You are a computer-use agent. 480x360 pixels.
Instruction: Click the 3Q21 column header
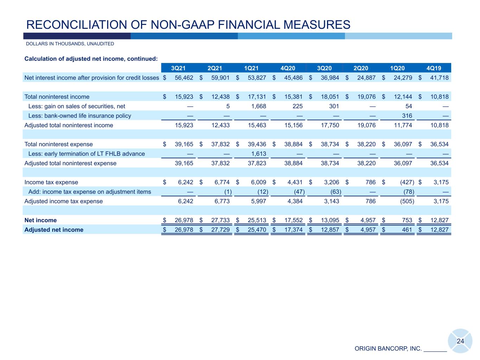point(178,68)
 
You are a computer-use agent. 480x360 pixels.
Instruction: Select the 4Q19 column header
point(434,68)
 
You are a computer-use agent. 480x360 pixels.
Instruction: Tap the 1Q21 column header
point(251,68)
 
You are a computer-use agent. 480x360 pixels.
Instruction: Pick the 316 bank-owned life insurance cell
point(407,116)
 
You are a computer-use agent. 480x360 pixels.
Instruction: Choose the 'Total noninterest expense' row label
point(58,144)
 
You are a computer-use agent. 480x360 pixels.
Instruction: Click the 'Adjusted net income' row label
point(54,230)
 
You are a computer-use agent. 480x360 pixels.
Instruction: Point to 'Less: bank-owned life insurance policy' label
point(79,116)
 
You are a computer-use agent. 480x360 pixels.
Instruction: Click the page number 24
point(460,341)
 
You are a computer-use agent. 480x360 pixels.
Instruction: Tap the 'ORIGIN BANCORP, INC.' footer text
point(388,349)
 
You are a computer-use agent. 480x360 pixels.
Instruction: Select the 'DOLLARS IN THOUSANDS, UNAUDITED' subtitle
point(70,44)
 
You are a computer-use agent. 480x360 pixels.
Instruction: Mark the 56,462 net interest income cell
point(184,78)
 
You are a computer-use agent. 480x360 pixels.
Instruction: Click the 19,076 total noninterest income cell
point(366,97)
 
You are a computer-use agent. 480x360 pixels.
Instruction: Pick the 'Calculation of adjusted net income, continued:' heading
point(91,59)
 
